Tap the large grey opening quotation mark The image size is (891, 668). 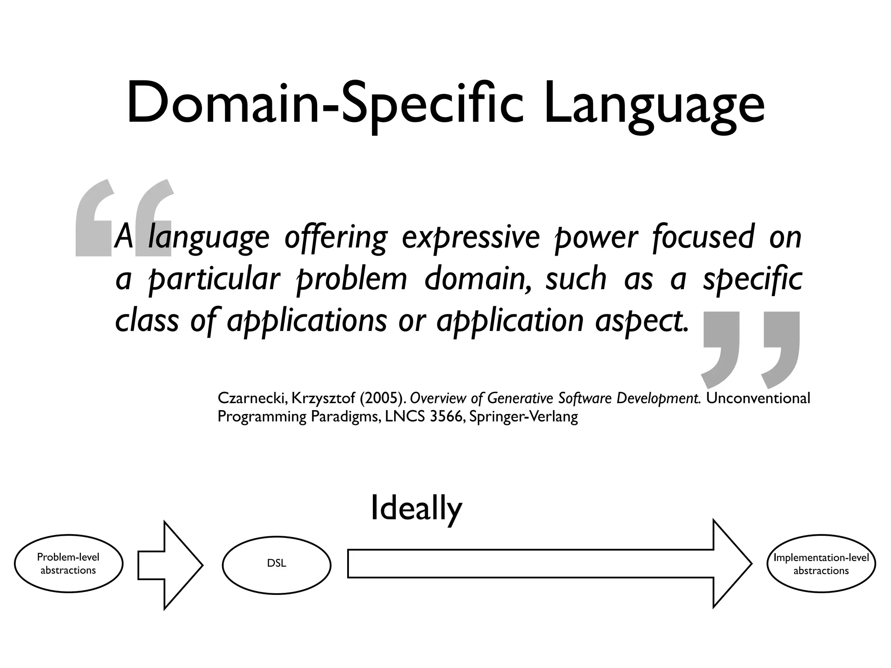point(124,217)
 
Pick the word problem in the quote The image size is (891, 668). point(351,280)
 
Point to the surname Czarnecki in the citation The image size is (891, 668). point(251,398)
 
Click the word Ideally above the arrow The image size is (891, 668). point(416,509)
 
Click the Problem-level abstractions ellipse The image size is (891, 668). point(68,564)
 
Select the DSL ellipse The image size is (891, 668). point(276,564)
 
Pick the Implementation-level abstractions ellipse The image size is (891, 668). point(821,564)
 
